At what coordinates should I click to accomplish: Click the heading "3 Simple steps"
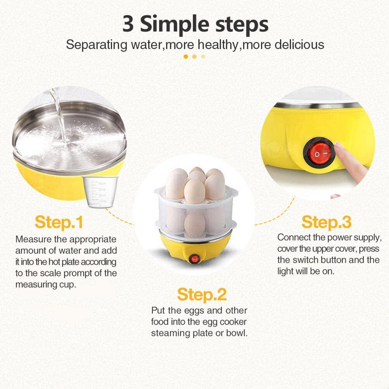coord(195,24)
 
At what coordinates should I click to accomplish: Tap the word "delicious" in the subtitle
coord(299,44)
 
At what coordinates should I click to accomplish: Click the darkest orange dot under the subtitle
coord(186,57)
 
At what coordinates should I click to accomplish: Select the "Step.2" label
coord(202,295)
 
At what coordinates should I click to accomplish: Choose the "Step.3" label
coord(327,222)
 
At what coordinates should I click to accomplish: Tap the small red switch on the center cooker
coord(194,258)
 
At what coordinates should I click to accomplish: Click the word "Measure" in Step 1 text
coord(33,239)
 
